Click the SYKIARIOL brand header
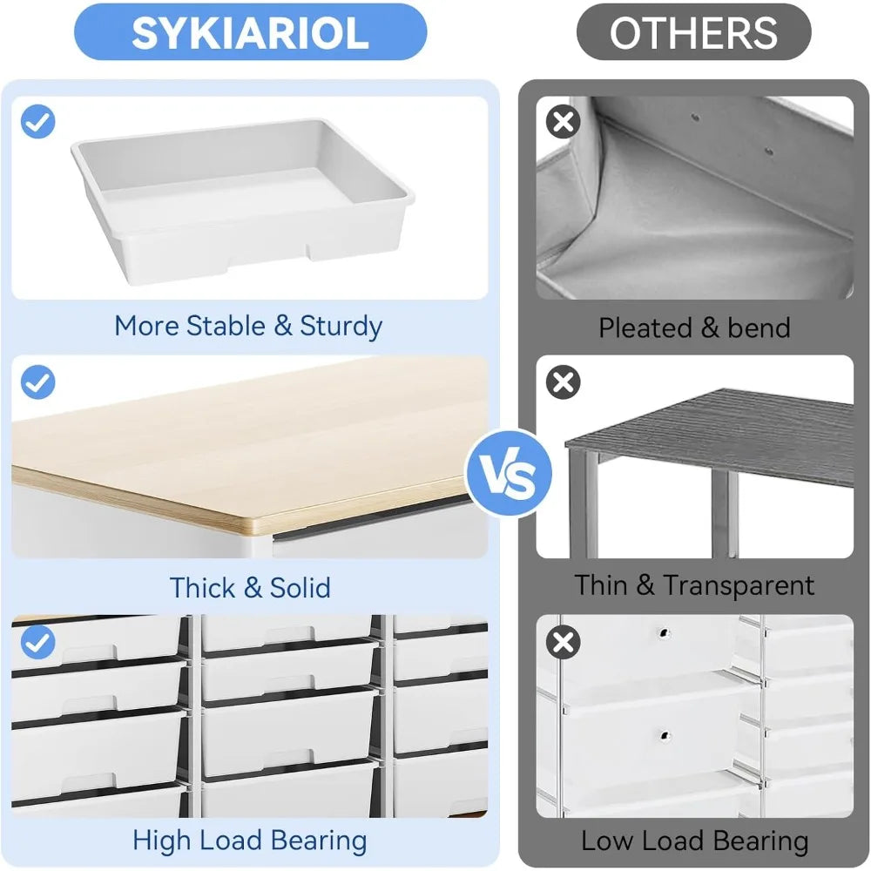[x=250, y=32]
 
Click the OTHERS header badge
[x=693, y=32]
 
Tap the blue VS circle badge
[x=510, y=476]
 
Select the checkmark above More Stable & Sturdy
[x=37, y=123]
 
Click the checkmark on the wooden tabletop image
[x=37, y=381]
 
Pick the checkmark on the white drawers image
[x=37, y=643]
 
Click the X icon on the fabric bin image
[x=564, y=122]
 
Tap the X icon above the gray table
[x=564, y=381]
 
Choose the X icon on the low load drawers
[x=564, y=643]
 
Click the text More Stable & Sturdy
[x=248, y=326]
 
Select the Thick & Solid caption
[x=250, y=587]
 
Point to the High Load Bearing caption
[x=250, y=841]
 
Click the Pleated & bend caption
[x=694, y=327]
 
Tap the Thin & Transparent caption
[x=694, y=585]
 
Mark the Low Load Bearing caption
[x=694, y=841]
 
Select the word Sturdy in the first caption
[x=341, y=326]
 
